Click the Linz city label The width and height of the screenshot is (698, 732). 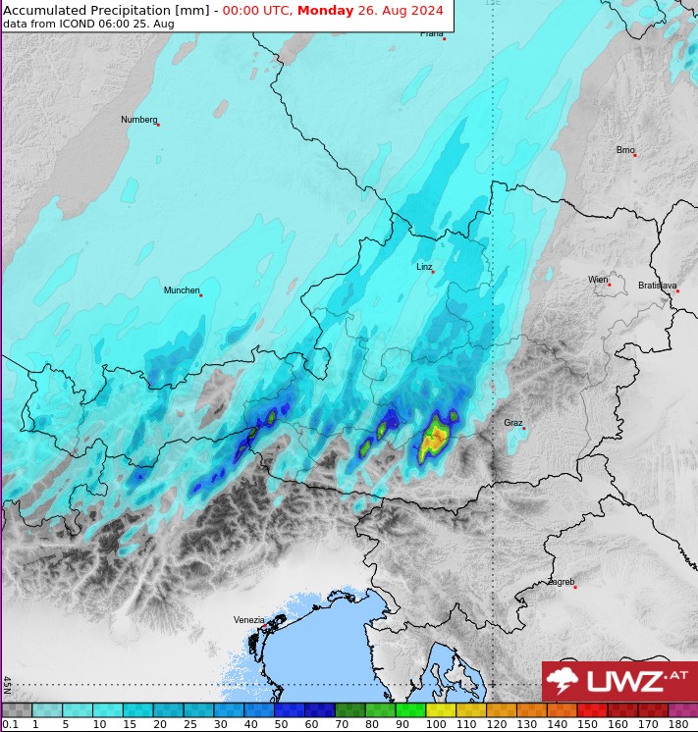(424, 266)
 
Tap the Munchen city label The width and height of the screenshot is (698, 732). (181, 290)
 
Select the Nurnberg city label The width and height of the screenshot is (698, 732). (138, 120)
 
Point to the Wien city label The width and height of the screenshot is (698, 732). (598, 280)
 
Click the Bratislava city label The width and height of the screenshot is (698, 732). (657, 286)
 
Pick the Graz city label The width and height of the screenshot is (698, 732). (512, 423)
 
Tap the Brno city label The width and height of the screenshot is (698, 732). (625, 150)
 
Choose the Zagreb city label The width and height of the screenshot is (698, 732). (562, 582)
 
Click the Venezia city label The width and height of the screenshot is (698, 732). (248, 619)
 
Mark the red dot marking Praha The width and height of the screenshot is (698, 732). (444, 39)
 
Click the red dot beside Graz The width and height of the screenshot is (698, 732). (524, 428)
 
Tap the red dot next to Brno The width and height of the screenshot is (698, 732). (635, 155)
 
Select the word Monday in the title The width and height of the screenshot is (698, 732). (325, 11)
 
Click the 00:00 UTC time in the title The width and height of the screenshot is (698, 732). (256, 11)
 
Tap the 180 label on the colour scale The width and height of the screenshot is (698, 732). (677, 724)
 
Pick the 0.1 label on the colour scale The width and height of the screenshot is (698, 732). (10, 724)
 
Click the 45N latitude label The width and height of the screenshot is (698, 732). (7, 684)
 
